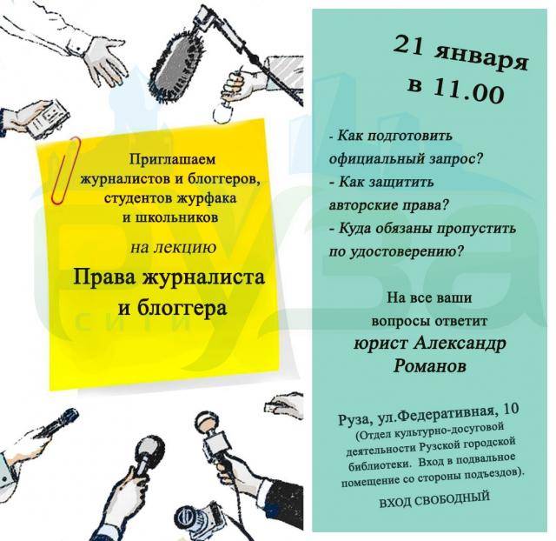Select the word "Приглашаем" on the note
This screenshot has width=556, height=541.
coord(172,160)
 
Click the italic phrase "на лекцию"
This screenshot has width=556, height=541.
coord(174,247)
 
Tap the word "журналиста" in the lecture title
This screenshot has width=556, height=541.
coord(204,277)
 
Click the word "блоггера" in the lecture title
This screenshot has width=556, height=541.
coord(182,308)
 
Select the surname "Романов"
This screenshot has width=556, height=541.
coord(430,365)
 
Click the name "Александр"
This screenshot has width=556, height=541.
coord(460,344)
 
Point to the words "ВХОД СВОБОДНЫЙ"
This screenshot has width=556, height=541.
coord(434,500)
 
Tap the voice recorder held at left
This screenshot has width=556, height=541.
coord(46,117)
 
